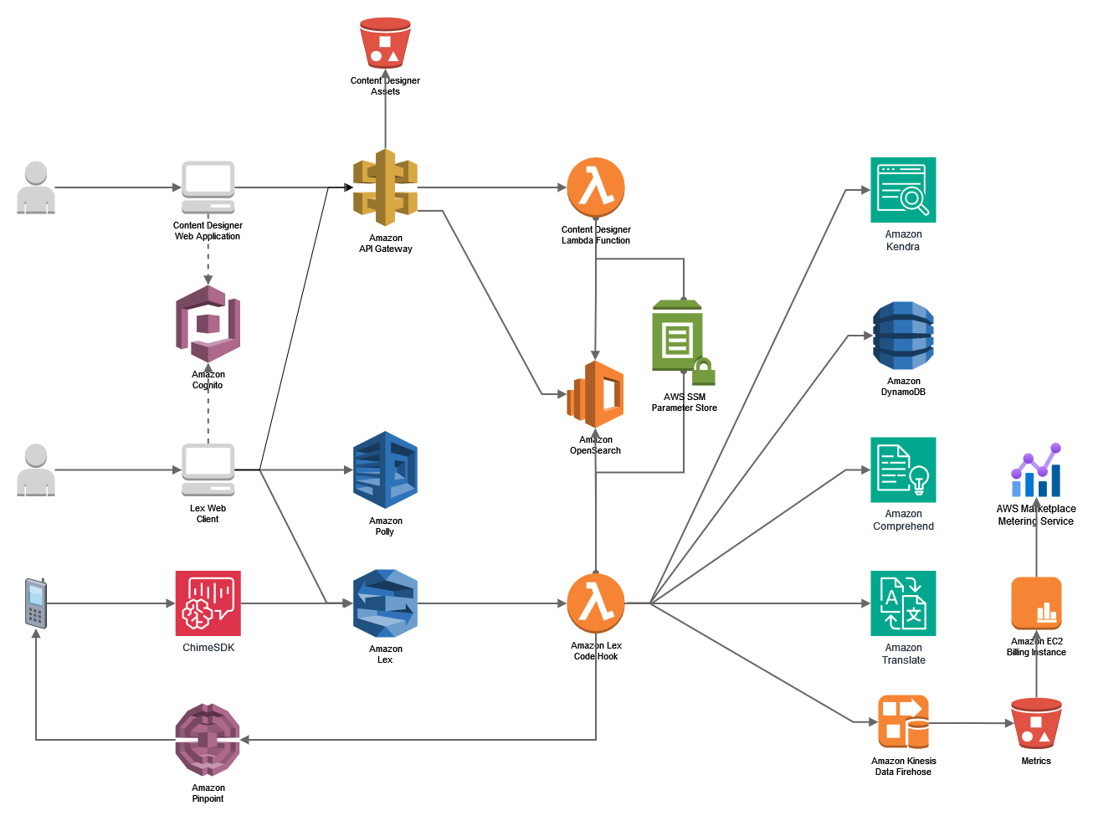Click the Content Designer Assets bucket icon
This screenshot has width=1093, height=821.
click(x=385, y=43)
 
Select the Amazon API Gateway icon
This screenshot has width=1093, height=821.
click(x=385, y=187)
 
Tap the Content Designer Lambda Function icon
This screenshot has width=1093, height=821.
click(x=596, y=187)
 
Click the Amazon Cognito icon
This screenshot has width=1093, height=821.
click(x=208, y=324)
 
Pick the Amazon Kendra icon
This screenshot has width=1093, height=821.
click(x=903, y=190)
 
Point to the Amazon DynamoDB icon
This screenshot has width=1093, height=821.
click(x=903, y=336)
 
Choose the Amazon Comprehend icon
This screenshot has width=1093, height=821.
click(x=903, y=470)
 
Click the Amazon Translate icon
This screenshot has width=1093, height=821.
click(x=903, y=603)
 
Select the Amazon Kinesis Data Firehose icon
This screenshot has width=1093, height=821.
click(x=903, y=722)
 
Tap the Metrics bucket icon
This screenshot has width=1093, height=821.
click(x=1036, y=723)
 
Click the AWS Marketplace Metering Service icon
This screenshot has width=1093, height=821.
click(x=1036, y=470)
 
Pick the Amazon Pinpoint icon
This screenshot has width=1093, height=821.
click(x=208, y=740)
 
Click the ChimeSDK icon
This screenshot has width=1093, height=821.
click(x=208, y=603)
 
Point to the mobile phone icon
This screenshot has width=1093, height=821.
click(x=35, y=603)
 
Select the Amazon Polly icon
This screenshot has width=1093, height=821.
click(x=385, y=470)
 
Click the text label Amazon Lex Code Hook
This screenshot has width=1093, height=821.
click(x=596, y=651)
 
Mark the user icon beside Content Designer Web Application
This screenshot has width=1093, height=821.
click(x=36, y=188)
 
